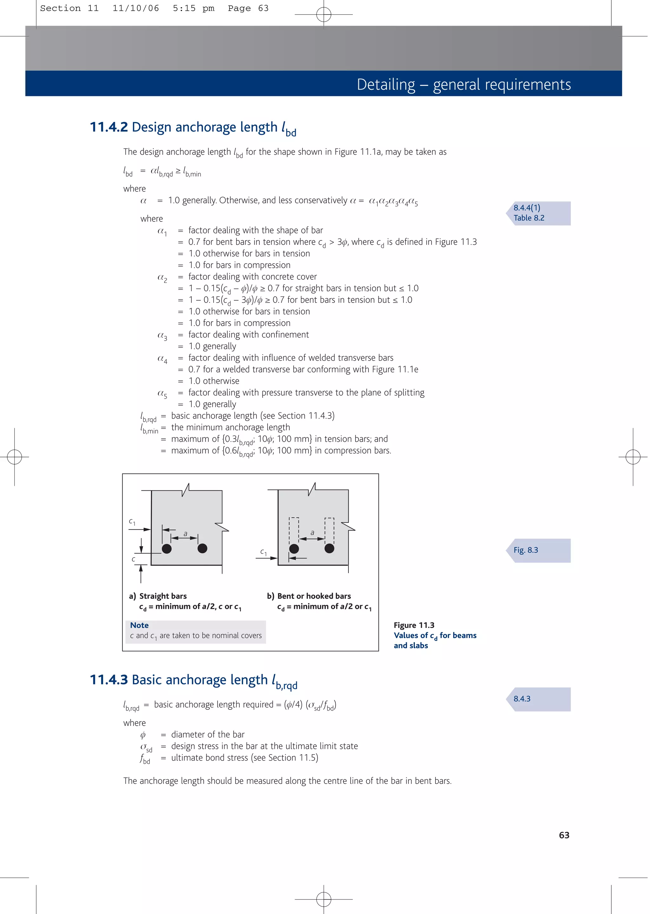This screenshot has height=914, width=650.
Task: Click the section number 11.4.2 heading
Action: (109, 127)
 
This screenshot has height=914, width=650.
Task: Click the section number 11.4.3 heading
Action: (109, 680)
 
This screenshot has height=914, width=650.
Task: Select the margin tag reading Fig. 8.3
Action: (526, 550)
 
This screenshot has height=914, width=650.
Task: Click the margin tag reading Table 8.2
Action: (529, 218)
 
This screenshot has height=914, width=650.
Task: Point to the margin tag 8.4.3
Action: (522, 699)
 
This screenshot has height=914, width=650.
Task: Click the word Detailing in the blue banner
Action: (386, 85)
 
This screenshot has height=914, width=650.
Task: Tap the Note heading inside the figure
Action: (139, 625)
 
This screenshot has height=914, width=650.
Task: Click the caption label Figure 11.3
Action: (414, 625)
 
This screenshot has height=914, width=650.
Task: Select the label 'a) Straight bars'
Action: (158, 596)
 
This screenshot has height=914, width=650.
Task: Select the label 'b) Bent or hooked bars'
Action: (309, 596)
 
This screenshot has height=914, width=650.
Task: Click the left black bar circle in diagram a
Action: (167, 549)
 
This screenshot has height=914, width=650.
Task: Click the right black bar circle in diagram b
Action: (329, 549)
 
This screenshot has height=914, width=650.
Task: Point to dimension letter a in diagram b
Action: (312, 532)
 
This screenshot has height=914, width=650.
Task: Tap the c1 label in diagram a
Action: (132, 522)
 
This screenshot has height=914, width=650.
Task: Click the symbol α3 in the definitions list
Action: (162, 336)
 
